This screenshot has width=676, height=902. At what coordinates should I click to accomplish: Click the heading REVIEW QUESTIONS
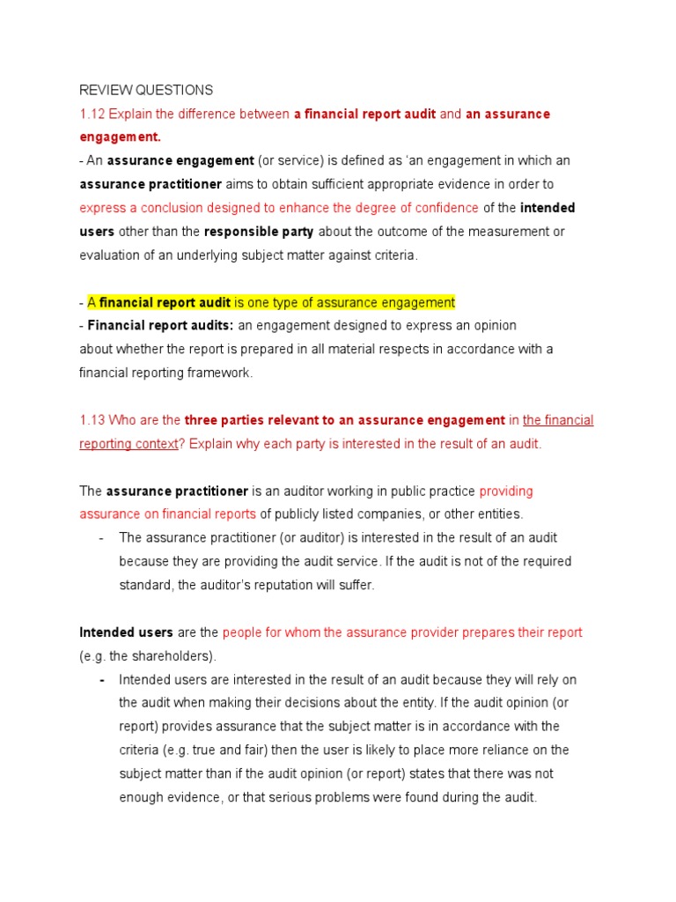(146, 90)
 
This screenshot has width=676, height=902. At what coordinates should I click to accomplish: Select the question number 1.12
(92, 114)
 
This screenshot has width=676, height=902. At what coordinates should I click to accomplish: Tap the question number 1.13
(92, 420)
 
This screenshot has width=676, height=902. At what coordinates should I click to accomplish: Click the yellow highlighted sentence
(271, 302)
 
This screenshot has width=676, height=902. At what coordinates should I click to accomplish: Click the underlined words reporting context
(129, 443)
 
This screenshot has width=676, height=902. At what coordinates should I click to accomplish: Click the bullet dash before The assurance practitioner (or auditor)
(102, 537)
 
